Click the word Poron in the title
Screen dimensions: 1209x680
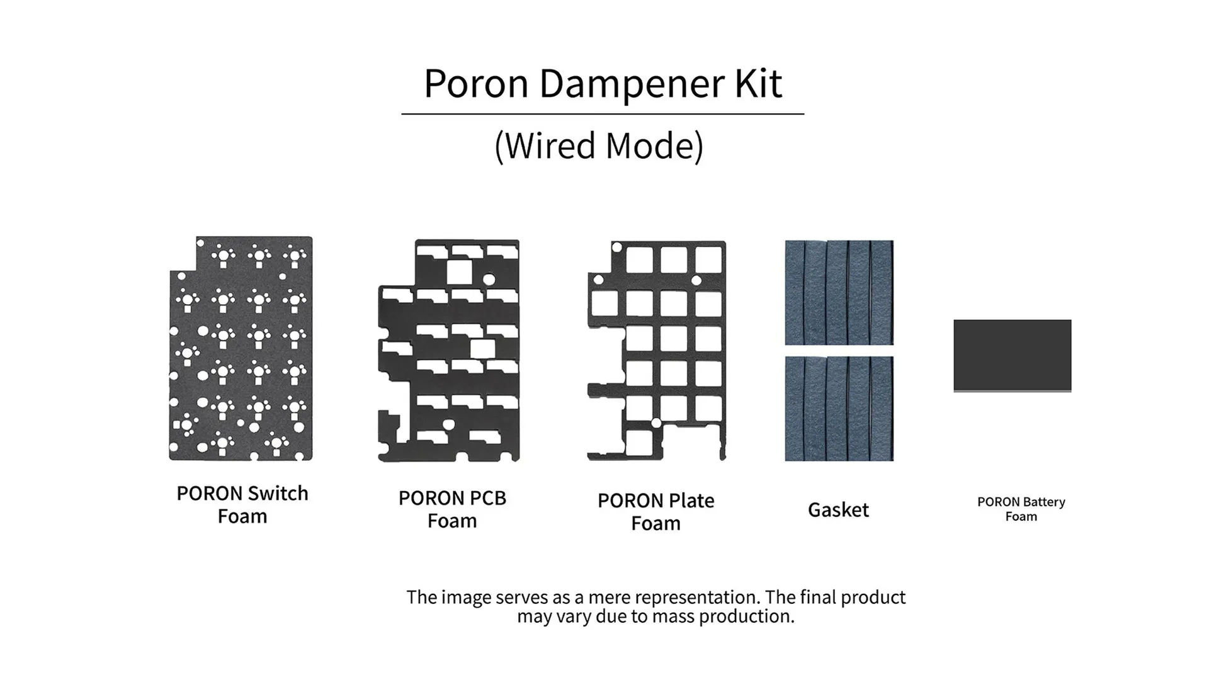coord(476,83)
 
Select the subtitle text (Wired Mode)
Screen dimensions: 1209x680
coord(599,145)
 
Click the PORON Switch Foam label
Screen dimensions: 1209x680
coord(242,504)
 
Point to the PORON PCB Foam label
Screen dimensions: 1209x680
coord(452,509)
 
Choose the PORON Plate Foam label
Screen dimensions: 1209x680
coord(656,511)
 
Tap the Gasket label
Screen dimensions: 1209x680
coord(838,509)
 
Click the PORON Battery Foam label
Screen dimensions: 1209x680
coord(1021,509)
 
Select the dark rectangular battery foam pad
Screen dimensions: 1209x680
coord(1012,356)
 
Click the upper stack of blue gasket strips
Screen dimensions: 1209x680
coord(839,292)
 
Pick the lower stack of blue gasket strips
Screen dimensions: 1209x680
coord(839,409)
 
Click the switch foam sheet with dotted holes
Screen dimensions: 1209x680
coord(241,348)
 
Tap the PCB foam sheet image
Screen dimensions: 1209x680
coord(449,350)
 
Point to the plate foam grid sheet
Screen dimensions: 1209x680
coord(657,350)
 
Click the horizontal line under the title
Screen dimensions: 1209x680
coord(603,114)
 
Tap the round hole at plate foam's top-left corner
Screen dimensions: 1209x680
coord(617,247)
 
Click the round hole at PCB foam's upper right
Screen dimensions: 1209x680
coord(489,278)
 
